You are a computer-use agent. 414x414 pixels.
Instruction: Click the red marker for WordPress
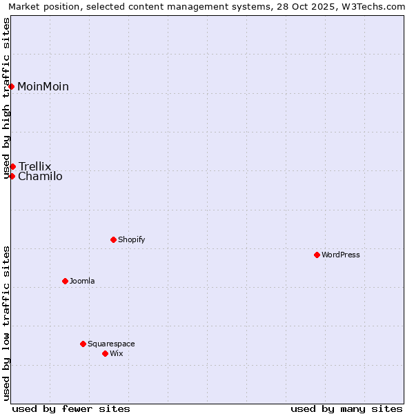coord(317,255)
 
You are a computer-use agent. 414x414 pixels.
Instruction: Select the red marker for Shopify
coord(113,239)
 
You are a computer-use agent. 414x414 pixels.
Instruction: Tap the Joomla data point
coord(65,281)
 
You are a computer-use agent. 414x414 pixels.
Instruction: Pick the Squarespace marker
coord(83,344)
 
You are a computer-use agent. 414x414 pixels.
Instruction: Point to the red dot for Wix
coord(105,353)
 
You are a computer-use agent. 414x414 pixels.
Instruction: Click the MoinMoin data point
coord(12,86)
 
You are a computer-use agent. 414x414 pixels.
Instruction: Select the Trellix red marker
coord(12,166)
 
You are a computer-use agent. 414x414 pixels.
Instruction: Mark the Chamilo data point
coord(12,176)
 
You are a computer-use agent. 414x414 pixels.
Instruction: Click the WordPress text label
coord(341,255)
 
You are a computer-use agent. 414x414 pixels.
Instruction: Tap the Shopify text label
coord(131,239)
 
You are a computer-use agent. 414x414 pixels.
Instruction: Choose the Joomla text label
coord(82,281)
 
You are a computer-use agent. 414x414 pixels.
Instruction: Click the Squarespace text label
coord(111,344)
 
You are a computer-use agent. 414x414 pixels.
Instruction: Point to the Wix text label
coord(116,353)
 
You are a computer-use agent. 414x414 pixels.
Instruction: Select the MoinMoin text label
coord(43,86)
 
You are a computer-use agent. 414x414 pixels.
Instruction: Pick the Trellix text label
coord(35,166)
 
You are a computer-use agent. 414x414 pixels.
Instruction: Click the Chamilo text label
coord(40,177)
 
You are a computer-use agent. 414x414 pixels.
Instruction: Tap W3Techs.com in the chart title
coord(373,7)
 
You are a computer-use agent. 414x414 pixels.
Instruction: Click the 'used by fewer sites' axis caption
coord(71,408)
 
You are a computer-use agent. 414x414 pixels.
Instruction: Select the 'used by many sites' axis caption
coord(346,408)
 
